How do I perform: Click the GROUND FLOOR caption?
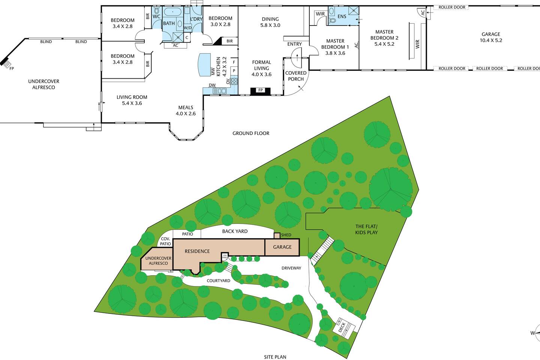251,133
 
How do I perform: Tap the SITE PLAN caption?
275,357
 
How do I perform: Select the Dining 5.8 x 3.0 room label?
270,22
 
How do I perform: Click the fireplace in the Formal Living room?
260,91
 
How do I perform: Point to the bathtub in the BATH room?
172,12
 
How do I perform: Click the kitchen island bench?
204,64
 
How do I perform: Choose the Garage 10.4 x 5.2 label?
491,37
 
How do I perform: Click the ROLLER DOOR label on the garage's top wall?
452,7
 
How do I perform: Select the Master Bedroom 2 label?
384,38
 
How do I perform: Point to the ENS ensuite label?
342,16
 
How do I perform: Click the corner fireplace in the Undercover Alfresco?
6,63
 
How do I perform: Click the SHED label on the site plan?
286,235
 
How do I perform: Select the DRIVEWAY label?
291,268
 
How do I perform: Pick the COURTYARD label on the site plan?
218,280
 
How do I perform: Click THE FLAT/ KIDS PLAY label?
366,229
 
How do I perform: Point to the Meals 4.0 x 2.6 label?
186,110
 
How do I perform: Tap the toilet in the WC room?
157,10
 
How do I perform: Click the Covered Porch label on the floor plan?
296,76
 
